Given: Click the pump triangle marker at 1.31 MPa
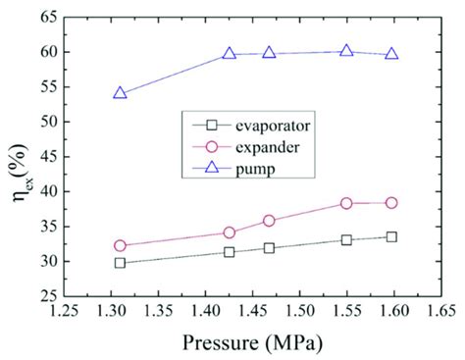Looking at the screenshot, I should point(120,93).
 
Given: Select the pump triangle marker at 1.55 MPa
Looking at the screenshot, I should point(346,51).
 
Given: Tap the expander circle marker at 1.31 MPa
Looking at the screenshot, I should point(120,245).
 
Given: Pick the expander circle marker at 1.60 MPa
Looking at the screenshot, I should point(391,203).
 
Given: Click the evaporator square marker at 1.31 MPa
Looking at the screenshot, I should point(120,263).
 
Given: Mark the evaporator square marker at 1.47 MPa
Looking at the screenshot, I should point(269,248).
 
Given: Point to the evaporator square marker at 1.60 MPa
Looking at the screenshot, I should point(391,236).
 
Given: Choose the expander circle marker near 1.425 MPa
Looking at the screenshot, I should point(230,232).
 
